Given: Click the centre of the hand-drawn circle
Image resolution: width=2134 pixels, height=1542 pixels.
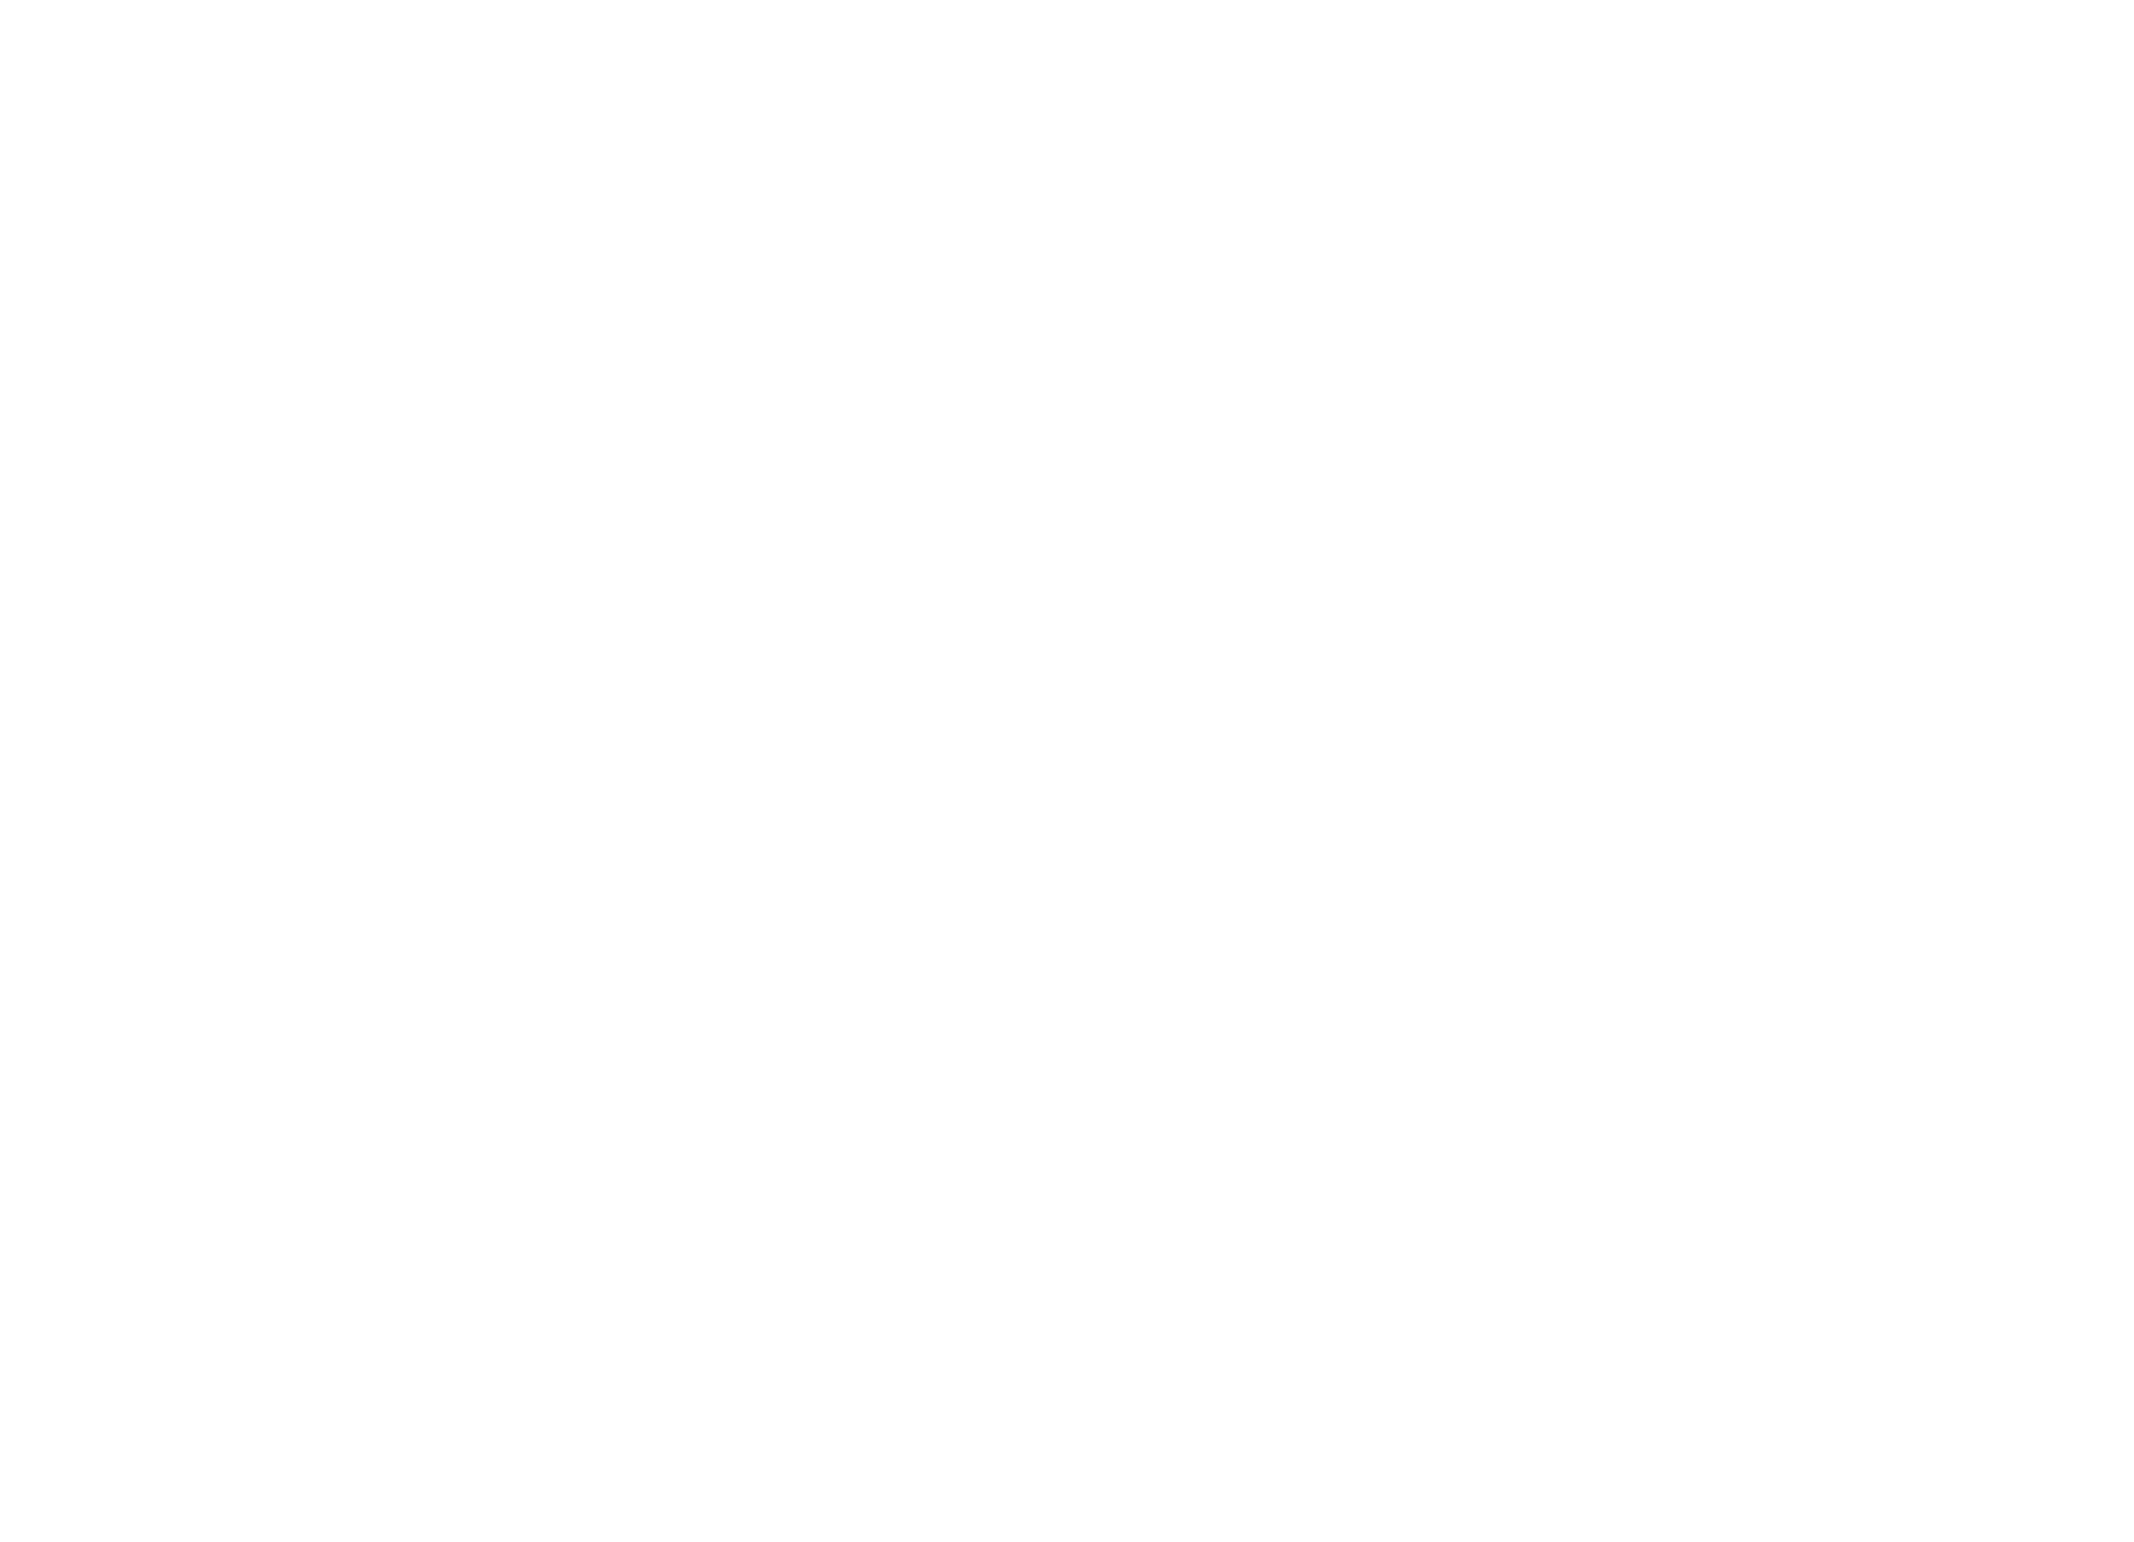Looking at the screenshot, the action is click(127, 381).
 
